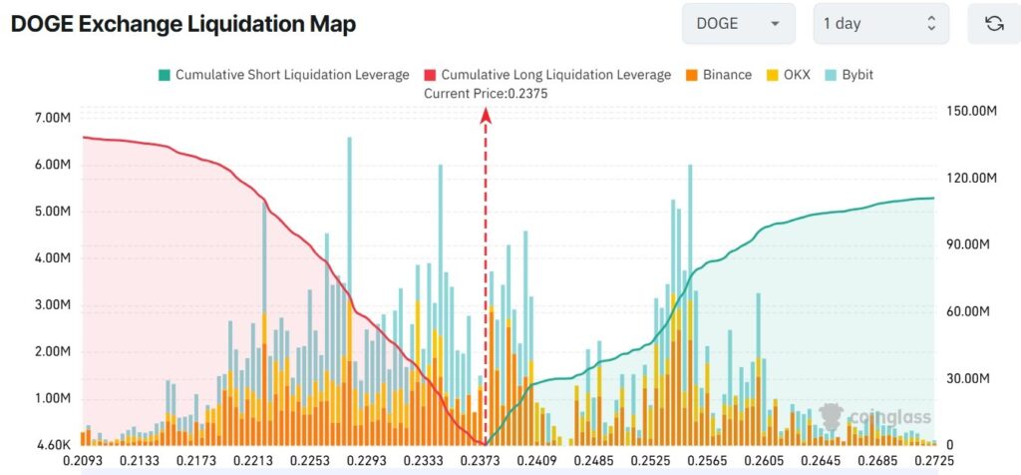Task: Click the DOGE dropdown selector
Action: tap(738, 24)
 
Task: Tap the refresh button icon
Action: tap(993, 24)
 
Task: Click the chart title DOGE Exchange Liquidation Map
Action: tap(182, 23)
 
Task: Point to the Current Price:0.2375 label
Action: tap(486, 93)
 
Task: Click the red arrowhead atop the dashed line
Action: tap(487, 115)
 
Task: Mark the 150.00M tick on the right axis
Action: tap(971, 112)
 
